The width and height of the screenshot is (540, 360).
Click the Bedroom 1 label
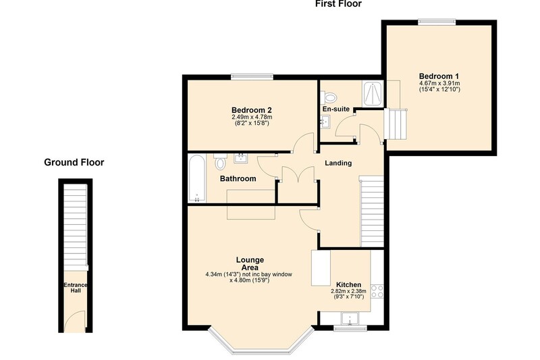click(x=439, y=76)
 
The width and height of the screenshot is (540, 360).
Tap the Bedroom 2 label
click(x=251, y=110)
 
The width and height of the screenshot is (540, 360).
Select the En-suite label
click(x=335, y=109)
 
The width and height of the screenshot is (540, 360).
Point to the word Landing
click(x=338, y=163)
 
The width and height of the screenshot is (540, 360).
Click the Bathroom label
click(x=238, y=178)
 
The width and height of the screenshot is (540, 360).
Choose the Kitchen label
click(x=348, y=284)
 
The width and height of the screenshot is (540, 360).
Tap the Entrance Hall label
click(x=76, y=288)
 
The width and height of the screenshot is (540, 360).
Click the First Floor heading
click(x=338, y=4)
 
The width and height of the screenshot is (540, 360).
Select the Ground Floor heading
click(x=74, y=162)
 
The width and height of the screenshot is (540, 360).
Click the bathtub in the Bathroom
click(x=197, y=178)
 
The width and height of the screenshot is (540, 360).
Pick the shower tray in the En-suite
click(x=373, y=94)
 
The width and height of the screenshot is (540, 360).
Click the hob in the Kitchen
click(x=377, y=291)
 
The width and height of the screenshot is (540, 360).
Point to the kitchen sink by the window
click(x=350, y=319)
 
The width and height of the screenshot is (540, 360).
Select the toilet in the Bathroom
click(x=220, y=161)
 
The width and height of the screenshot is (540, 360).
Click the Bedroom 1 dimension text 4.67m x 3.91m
click(x=439, y=83)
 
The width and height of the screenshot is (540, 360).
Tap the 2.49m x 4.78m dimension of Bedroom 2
click(x=252, y=118)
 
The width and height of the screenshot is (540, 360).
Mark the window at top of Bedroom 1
click(x=437, y=22)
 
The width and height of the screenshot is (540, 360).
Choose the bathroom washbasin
click(x=241, y=158)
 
